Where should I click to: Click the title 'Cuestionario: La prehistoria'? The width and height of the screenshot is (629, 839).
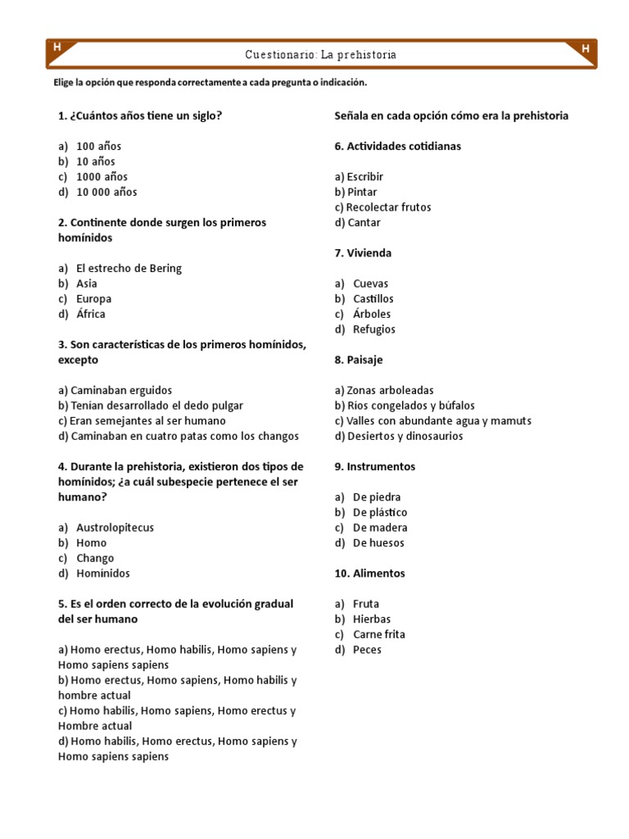pyautogui.click(x=320, y=55)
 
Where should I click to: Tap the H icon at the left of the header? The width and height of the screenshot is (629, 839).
pyautogui.click(x=57, y=48)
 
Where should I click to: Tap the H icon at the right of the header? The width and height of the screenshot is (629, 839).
pyautogui.click(x=585, y=50)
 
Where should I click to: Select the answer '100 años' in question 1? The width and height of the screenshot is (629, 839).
pyautogui.click(x=98, y=147)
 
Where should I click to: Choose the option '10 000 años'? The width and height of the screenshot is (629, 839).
pyautogui.click(x=106, y=193)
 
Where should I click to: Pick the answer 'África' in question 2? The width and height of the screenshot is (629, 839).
pyautogui.click(x=90, y=315)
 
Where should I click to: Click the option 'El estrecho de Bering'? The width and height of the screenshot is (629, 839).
pyautogui.click(x=129, y=269)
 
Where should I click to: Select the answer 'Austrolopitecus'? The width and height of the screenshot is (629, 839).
pyautogui.click(x=115, y=528)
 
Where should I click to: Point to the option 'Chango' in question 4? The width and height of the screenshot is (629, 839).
pyautogui.click(x=95, y=559)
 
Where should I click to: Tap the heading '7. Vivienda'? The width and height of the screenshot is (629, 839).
pyautogui.click(x=363, y=253)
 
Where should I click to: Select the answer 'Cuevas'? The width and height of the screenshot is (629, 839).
pyautogui.click(x=370, y=284)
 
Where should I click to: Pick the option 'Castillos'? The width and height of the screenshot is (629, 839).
pyautogui.click(x=373, y=299)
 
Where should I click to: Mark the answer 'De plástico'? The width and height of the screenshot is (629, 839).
pyautogui.click(x=379, y=513)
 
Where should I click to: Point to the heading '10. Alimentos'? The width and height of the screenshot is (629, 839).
pyautogui.click(x=369, y=574)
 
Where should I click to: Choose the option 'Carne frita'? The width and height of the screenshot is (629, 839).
pyautogui.click(x=378, y=635)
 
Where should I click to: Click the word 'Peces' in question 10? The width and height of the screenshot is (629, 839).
pyautogui.click(x=367, y=651)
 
